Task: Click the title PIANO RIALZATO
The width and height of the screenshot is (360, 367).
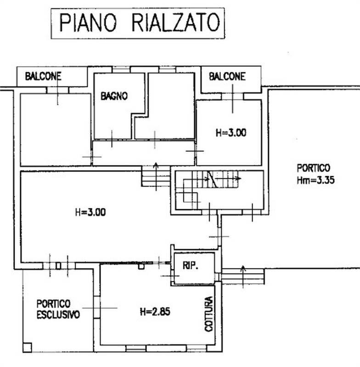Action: coord(138,22)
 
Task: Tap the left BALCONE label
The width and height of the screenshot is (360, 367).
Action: coord(43,77)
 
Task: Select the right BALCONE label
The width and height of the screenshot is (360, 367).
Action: coord(227,77)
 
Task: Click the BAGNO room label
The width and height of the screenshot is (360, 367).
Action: coord(114,96)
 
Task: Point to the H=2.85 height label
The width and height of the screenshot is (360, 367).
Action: coord(155,312)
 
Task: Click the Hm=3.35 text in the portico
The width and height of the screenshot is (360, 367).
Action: coord(315,180)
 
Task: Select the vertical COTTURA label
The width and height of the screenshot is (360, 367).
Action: coord(209,314)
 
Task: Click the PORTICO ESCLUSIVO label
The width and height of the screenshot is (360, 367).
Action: coord(58,309)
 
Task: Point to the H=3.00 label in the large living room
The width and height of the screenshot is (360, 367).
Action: coord(90,212)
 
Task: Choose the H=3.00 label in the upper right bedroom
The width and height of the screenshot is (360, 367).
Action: coord(231,133)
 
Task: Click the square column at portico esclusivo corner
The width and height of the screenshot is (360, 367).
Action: coord(27,347)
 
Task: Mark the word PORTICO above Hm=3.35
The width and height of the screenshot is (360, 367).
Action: coord(313,168)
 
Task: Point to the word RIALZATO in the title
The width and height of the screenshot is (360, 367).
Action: coord(175,22)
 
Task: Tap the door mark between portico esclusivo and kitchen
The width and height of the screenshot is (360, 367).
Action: coord(96,308)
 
